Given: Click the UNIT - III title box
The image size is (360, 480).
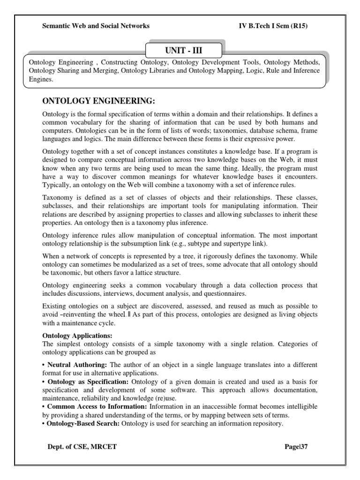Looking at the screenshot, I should [x=183, y=50].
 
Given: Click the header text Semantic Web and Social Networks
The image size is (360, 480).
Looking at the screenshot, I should [x=96, y=26].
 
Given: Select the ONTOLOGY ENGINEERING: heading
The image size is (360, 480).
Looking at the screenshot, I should [x=98, y=102].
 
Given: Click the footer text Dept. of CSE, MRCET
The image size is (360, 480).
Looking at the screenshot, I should [x=82, y=447].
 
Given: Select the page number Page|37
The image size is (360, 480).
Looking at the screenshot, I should [x=296, y=447].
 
